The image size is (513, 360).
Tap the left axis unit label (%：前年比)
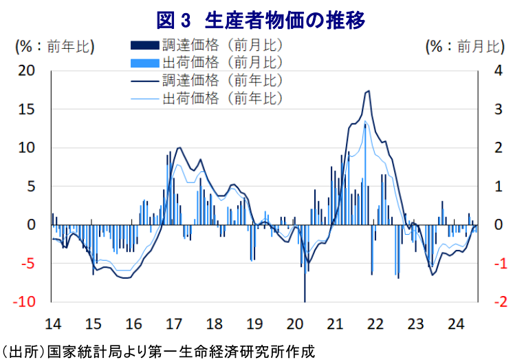pos(54,47)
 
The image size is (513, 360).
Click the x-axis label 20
pos(294,324)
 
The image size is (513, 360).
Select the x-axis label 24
pos(455,324)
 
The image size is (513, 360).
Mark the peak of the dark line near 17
pos(179,148)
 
